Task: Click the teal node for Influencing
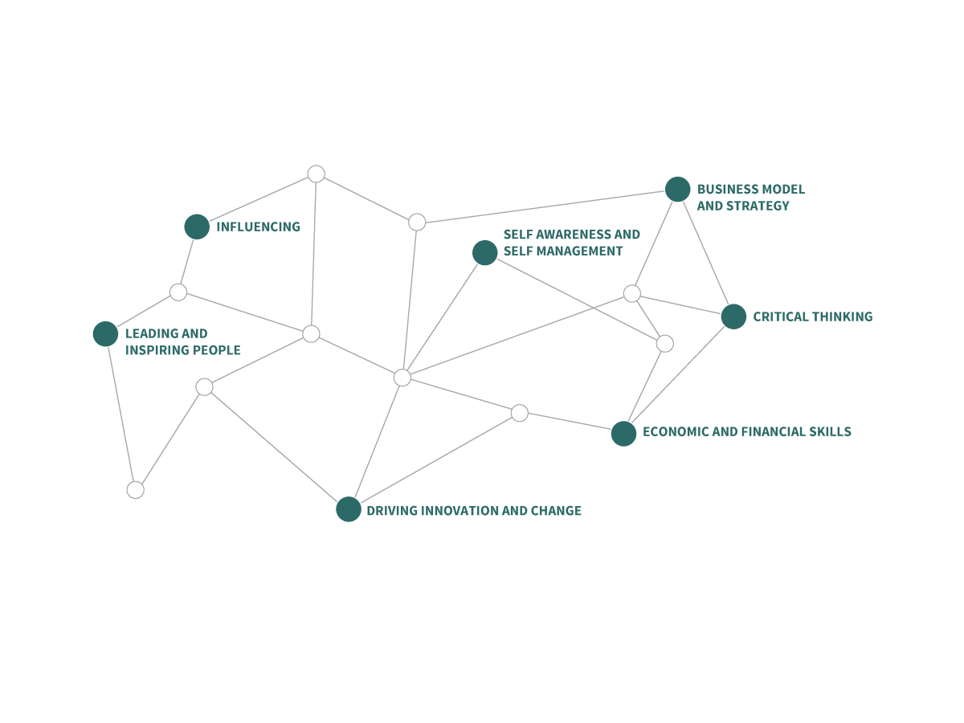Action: click(x=197, y=227)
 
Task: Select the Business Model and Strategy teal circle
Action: click(x=677, y=190)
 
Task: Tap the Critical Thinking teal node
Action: click(x=733, y=317)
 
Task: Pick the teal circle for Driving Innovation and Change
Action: click(x=348, y=509)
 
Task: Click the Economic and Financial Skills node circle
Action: click(x=623, y=433)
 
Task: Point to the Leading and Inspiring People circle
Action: click(x=105, y=333)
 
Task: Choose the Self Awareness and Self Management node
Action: click(x=484, y=252)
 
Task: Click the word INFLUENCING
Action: click(x=258, y=227)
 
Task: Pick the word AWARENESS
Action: click(x=574, y=235)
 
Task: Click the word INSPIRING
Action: click(x=157, y=350)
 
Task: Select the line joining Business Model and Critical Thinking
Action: click(x=705, y=253)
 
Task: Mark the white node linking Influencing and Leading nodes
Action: click(x=178, y=292)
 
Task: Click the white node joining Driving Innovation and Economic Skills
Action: click(x=520, y=413)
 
